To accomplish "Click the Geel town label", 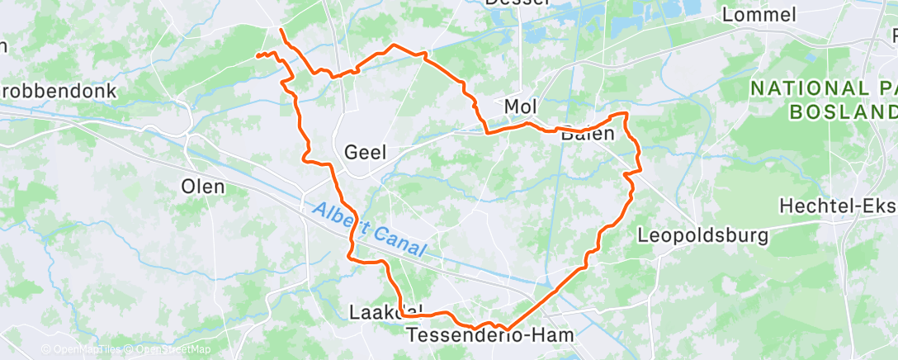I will [x=366, y=151].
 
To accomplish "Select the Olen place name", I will [x=202, y=187].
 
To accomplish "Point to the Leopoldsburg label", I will [x=703, y=235].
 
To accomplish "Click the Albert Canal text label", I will [x=369, y=230].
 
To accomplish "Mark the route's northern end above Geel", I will [x=281, y=30].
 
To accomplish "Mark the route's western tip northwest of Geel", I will [x=256, y=56].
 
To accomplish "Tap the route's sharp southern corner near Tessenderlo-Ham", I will [x=505, y=329].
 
